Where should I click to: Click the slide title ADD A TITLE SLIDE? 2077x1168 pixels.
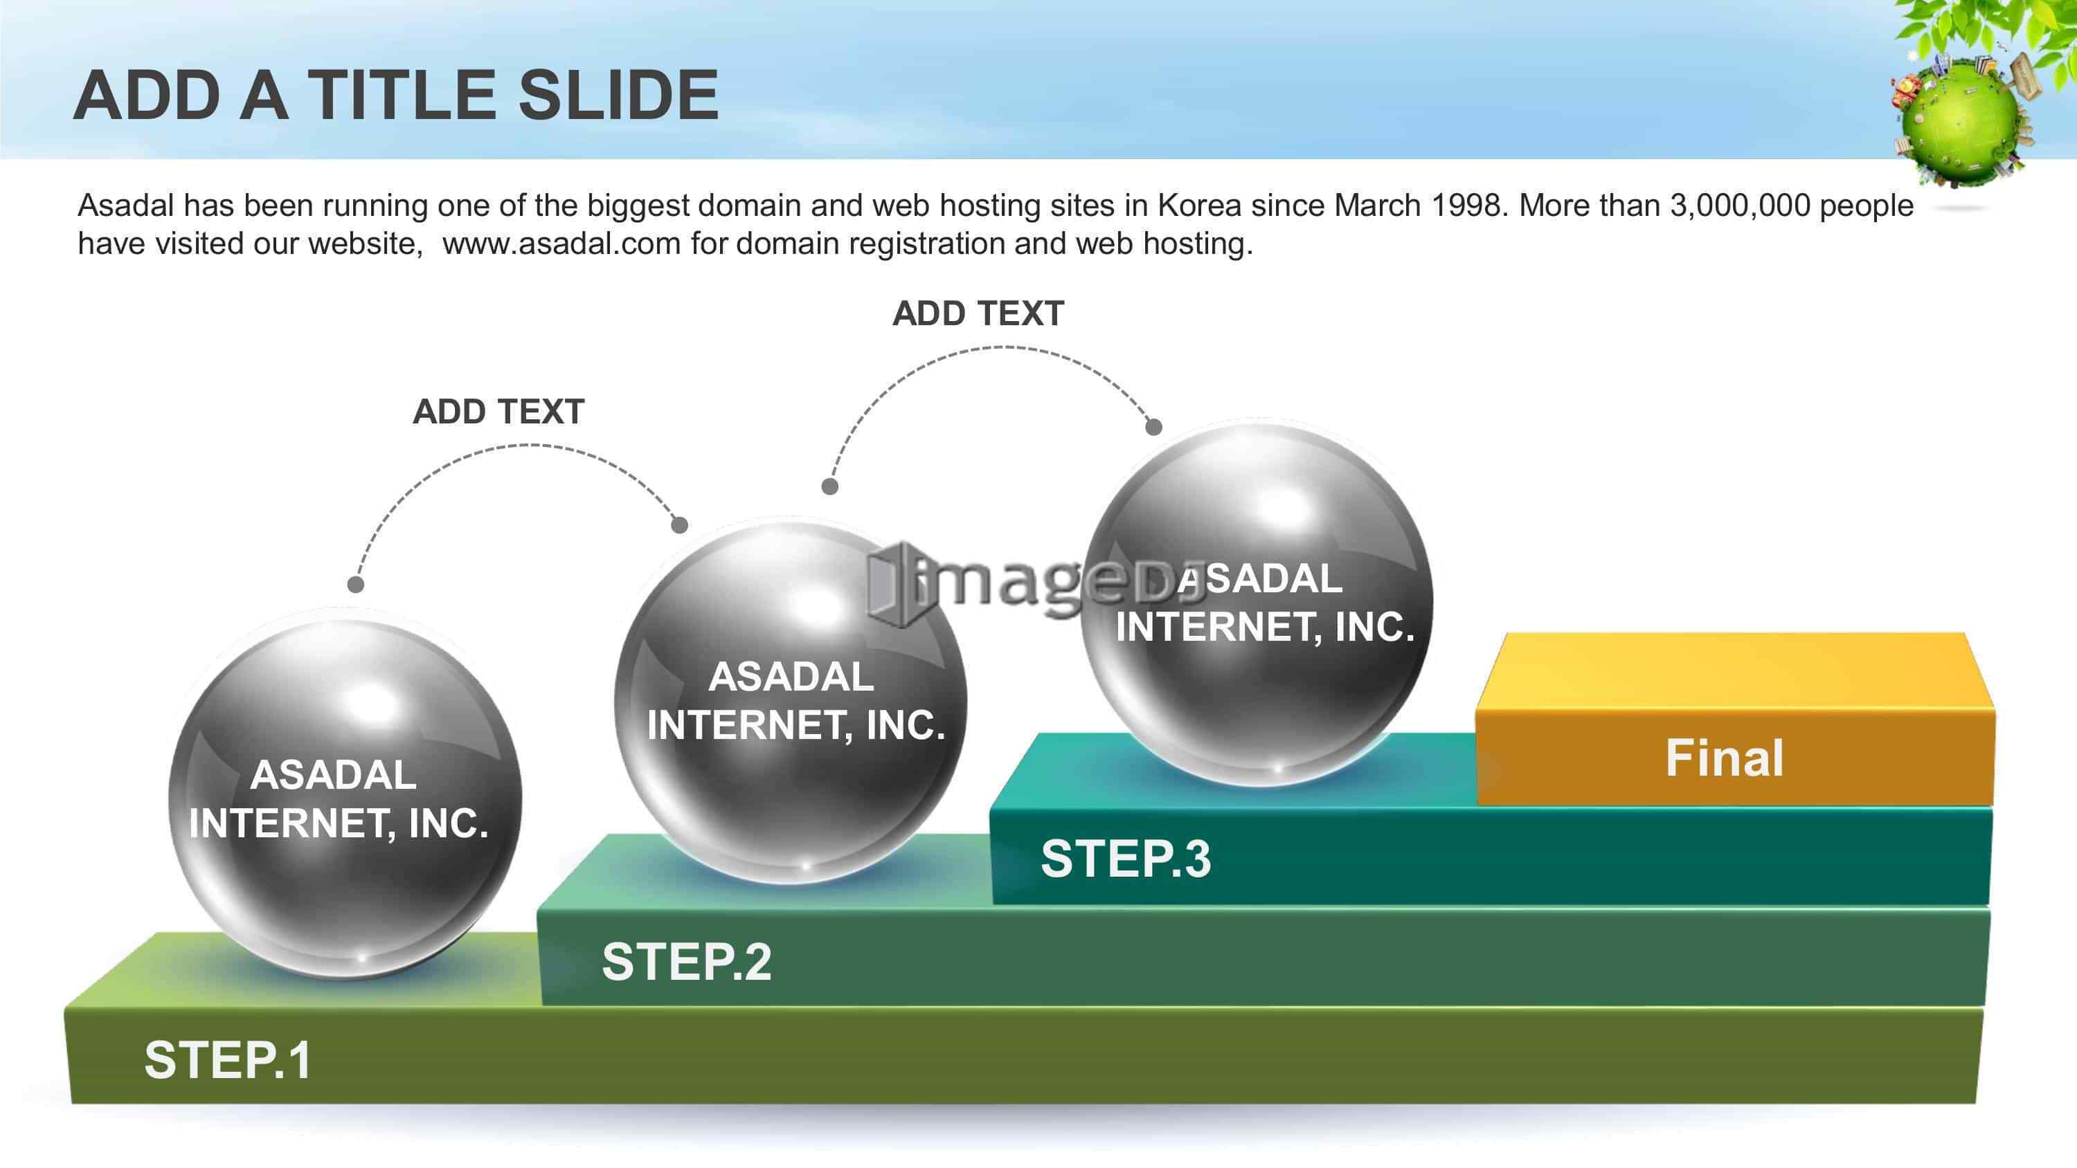[x=396, y=95]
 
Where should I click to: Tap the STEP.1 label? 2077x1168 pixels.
[x=227, y=1059]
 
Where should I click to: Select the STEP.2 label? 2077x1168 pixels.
[x=686, y=961]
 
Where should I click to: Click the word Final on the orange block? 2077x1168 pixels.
[x=1725, y=758]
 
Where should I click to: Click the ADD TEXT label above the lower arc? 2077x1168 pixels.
[x=498, y=412]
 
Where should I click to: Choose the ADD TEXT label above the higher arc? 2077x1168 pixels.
[x=978, y=313]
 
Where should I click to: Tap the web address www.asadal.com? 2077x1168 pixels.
[x=562, y=244]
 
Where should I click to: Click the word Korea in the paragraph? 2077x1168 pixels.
[x=1200, y=206]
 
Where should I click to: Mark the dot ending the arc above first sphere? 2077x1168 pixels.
[x=356, y=583]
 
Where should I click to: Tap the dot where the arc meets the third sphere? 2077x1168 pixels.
[x=1154, y=427]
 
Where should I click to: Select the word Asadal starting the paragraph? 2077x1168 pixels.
[x=126, y=206]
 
